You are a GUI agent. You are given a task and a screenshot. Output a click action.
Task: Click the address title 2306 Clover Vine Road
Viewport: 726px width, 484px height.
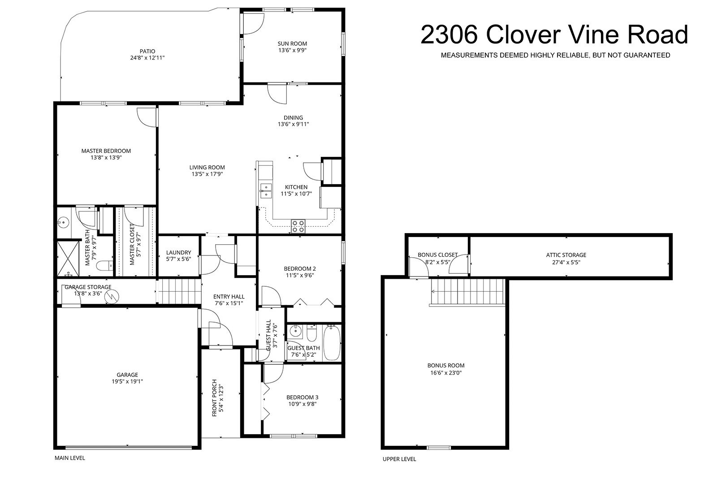click(x=554, y=35)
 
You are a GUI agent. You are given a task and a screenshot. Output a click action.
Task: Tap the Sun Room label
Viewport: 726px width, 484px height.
click(x=292, y=43)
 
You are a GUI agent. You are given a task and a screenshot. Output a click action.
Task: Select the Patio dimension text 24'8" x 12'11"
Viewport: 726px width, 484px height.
click(x=147, y=58)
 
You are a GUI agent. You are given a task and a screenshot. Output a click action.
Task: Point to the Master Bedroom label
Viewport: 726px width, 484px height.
click(x=106, y=151)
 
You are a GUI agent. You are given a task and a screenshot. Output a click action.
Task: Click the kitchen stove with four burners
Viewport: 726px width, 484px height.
click(x=298, y=226)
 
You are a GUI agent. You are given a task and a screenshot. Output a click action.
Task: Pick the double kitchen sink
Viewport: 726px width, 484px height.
click(x=266, y=190)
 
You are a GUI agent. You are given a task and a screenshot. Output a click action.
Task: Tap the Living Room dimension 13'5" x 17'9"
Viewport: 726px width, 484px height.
click(x=207, y=174)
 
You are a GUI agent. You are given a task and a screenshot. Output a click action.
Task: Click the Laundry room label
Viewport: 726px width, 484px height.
click(x=178, y=253)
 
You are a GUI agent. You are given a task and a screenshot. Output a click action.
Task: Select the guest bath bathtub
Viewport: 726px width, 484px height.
click(x=332, y=343)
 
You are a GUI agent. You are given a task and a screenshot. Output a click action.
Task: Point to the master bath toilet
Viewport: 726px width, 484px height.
click(x=105, y=265)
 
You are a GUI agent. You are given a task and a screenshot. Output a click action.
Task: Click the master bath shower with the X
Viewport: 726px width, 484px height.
click(x=68, y=258)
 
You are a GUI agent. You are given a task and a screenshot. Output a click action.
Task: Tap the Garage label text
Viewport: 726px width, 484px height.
click(x=127, y=375)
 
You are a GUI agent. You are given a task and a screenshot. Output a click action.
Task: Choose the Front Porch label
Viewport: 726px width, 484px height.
click(x=214, y=398)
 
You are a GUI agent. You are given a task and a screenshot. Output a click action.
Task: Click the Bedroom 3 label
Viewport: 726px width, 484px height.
click(x=302, y=397)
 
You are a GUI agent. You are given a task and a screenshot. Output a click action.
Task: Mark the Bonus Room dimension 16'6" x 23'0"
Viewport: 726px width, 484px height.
click(x=446, y=373)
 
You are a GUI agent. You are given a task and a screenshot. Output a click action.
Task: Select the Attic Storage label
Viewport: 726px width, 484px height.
click(x=566, y=255)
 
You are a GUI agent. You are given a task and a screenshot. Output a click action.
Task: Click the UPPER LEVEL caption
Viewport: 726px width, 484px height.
click(x=399, y=459)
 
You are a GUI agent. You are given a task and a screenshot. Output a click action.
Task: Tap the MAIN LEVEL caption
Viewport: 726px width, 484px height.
click(x=69, y=458)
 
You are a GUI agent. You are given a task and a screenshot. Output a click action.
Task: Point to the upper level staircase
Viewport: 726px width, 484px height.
click(x=468, y=292)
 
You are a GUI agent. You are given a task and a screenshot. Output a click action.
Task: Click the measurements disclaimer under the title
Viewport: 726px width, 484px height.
click(x=556, y=56)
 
